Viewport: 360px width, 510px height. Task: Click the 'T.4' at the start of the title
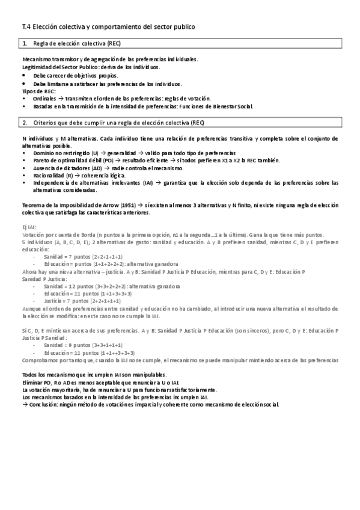point(26,27)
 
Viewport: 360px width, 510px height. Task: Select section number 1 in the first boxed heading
point(24,45)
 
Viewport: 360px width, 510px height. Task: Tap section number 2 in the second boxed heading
point(24,123)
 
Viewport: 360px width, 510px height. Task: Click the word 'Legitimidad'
point(35,69)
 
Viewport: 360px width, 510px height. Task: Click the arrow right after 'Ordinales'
point(61,98)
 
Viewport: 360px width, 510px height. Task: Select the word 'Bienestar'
point(225,106)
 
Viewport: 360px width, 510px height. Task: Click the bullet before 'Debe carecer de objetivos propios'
point(24,76)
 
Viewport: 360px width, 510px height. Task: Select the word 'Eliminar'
point(33,382)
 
